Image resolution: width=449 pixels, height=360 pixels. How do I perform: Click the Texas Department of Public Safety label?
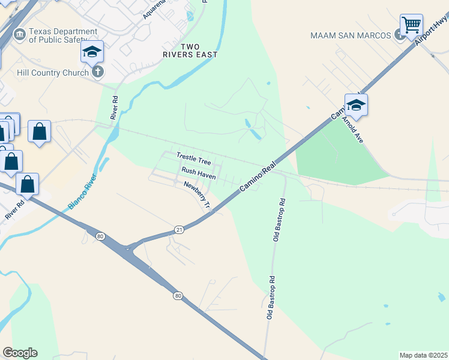(x=63, y=35)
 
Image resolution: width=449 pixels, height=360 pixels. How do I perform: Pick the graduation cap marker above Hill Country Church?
(x=92, y=52)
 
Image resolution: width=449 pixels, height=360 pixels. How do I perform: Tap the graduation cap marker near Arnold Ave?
(x=356, y=105)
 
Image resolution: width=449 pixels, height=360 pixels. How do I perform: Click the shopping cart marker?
(x=411, y=25)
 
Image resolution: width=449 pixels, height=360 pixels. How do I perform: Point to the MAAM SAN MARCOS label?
(x=351, y=35)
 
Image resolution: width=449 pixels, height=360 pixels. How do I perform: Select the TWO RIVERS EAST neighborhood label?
(x=199, y=50)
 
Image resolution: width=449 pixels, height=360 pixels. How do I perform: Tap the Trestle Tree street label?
(x=193, y=159)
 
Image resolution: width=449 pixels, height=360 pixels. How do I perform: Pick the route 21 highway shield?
(x=179, y=230)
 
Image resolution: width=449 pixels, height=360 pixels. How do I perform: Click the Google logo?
(x=20, y=353)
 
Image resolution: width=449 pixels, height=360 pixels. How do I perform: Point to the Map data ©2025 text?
(x=423, y=355)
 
